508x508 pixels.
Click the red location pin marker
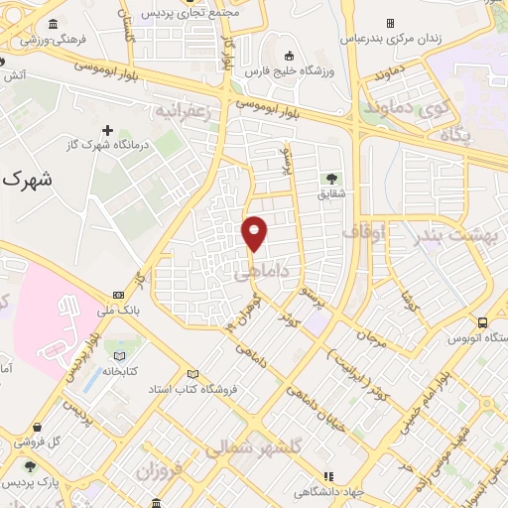[255, 232]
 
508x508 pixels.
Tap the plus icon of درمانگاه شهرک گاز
[108, 130]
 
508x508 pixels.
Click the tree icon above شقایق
[329, 179]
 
